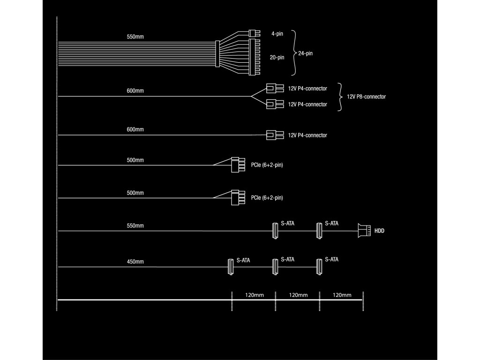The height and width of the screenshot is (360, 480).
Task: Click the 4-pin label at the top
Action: [x=277, y=34]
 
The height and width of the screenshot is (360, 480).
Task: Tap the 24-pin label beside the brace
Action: [x=305, y=53]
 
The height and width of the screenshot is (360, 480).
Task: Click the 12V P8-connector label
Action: [x=366, y=97]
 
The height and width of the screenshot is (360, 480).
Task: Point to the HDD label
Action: [x=379, y=231]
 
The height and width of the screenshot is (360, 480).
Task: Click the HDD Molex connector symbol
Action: [x=364, y=231]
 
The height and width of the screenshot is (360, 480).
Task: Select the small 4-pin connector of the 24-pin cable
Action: [x=255, y=34]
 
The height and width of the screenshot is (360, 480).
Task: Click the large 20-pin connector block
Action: [x=255, y=58]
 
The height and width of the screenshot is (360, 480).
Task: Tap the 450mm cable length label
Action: [x=135, y=262]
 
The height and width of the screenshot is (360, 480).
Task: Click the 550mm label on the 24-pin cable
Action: [x=135, y=37]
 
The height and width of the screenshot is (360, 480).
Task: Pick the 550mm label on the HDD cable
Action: [x=135, y=226]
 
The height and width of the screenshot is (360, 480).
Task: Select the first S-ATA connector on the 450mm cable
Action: [x=231, y=267]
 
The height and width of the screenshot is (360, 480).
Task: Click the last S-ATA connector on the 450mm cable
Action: [x=320, y=267]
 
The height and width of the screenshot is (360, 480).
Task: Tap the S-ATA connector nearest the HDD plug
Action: [x=320, y=230]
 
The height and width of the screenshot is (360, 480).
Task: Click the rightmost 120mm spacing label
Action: [x=342, y=295]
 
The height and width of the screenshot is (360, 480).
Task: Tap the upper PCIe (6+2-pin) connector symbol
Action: [x=238, y=165]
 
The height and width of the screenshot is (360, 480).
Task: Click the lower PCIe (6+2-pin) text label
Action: [x=267, y=198]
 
